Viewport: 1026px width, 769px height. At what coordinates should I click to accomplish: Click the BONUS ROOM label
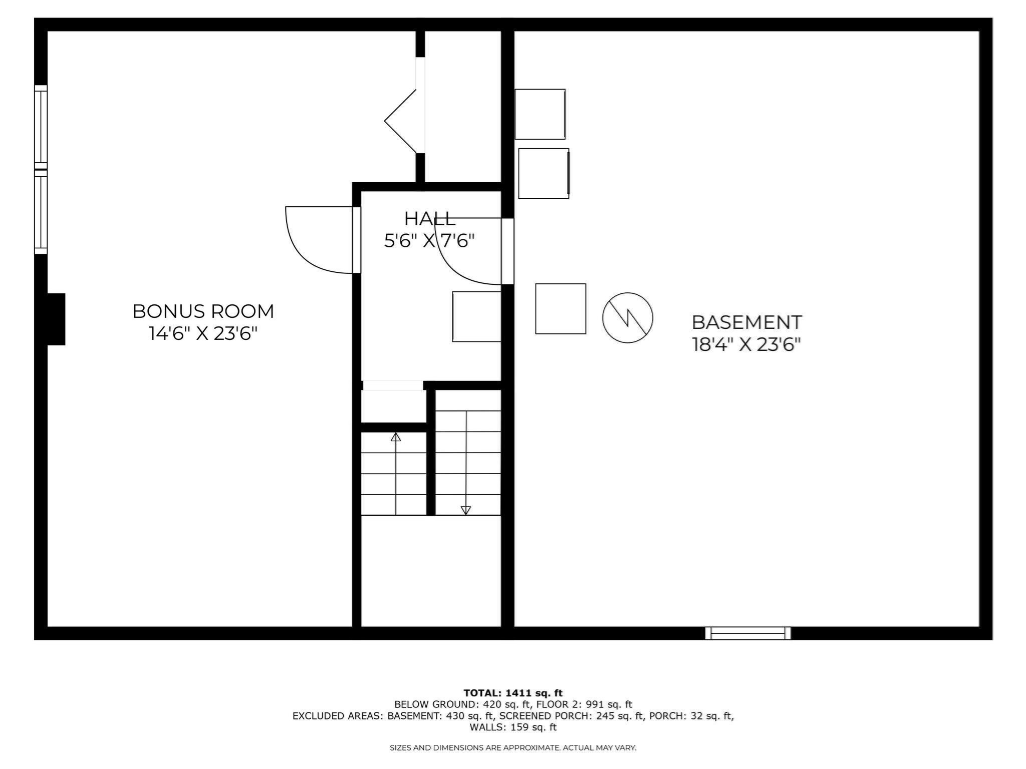(203, 311)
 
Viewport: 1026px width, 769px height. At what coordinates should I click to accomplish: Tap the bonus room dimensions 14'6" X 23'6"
(203, 333)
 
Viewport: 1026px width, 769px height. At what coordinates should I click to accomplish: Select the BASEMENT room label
(746, 322)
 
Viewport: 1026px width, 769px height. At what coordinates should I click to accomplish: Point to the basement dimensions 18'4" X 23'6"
(746, 344)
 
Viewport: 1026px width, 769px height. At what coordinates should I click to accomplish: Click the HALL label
(429, 219)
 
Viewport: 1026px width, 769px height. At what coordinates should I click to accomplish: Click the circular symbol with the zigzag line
(627, 318)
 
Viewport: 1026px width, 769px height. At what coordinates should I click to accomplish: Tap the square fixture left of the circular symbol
(561, 309)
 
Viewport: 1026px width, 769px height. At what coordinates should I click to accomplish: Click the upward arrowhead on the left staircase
(396, 437)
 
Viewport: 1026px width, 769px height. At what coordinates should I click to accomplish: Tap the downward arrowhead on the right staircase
(466, 510)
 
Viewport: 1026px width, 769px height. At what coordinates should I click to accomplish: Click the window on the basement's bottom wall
(748, 633)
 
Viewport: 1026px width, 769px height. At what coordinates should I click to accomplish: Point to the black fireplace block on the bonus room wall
(56, 319)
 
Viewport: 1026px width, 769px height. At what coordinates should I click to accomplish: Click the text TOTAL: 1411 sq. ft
(513, 693)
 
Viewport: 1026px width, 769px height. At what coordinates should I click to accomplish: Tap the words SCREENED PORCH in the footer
(545, 716)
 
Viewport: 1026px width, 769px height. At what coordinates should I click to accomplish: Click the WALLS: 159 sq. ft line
(513, 727)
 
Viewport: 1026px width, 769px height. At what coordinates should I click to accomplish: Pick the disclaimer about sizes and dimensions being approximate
(513, 748)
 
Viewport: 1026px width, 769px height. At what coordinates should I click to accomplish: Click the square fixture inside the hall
(476, 316)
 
